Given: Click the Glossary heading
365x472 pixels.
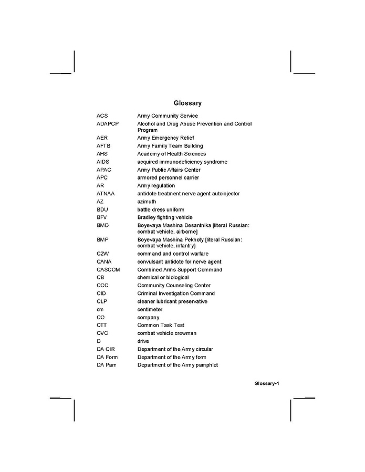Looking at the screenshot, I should (x=187, y=103).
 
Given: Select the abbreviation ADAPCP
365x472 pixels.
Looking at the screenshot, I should (x=108, y=124).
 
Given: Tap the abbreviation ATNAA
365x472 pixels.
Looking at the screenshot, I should (x=105, y=194).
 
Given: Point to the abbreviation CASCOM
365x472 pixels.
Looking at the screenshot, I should (x=108, y=270).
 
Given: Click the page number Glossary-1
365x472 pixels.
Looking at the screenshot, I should (x=267, y=384).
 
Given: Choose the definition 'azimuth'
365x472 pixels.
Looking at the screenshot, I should (x=147, y=202).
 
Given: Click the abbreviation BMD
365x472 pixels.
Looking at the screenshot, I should (x=102, y=225).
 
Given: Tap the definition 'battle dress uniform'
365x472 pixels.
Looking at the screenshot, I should (x=161, y=209).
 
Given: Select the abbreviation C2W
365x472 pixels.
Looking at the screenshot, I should (x=102, y=254).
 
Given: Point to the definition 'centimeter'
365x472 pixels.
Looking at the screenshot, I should (x=150, y=310).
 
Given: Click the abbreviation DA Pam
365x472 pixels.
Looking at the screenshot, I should (x=106, y=365).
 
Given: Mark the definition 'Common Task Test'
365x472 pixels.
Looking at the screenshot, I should (x=161, y=326).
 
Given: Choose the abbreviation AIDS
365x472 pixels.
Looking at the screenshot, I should (x=103, y=162).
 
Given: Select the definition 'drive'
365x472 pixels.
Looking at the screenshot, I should (x=143, y=341).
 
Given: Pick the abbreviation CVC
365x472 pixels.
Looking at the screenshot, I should (x=102, y=333).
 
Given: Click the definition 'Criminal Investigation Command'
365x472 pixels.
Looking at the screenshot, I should (x=176, y=293).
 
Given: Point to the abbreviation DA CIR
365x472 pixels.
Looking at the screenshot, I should (x=107, y=349).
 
